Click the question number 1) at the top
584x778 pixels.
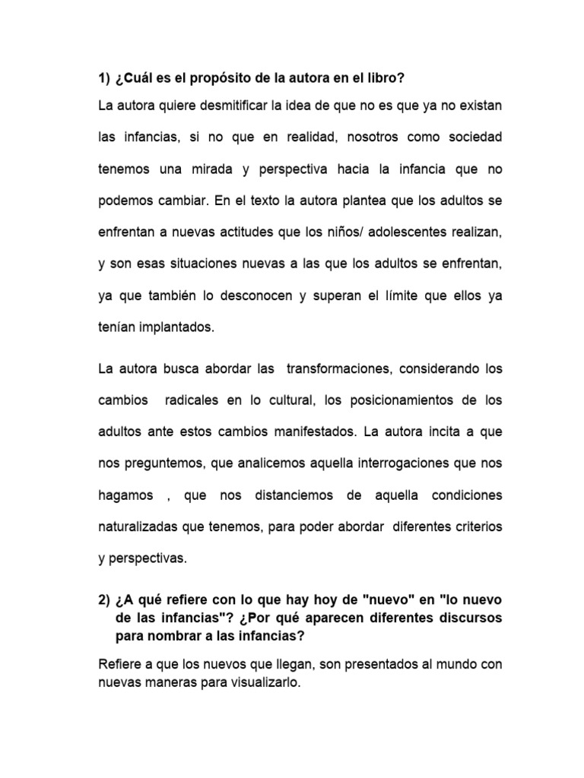coord(105,79)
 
